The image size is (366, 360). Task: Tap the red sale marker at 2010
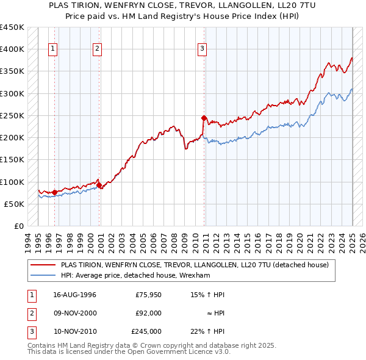204,118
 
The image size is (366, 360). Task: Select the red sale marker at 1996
55,192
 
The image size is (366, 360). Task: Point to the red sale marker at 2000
99,185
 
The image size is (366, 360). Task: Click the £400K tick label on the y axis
12,49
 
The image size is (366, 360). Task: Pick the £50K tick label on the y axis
14,204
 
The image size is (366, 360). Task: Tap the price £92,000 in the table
148,313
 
